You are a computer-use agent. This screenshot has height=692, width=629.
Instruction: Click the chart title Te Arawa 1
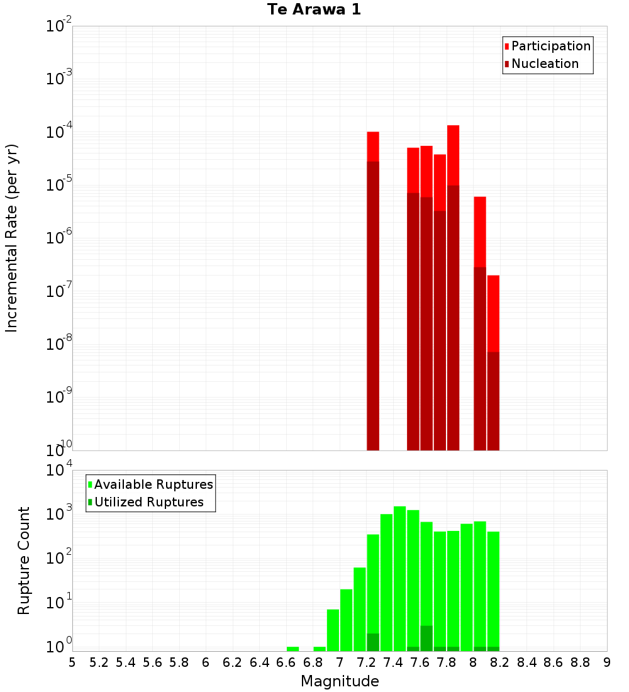pos(314,10)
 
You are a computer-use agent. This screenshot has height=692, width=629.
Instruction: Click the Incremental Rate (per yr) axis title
pos(12,238)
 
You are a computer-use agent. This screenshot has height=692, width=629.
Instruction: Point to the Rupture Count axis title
pos(24,561)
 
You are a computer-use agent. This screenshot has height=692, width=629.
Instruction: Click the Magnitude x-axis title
pos(340,681)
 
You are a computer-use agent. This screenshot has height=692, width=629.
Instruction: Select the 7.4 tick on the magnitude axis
pos(393,662)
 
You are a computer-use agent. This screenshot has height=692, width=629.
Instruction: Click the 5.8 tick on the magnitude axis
pos(179,662)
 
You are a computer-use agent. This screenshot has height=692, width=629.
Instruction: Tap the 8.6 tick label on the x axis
pos(554,662)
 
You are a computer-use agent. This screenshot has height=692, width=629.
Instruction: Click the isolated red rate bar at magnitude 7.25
pos(373,289)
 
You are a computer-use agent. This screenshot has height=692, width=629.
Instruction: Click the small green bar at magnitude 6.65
pos(292,649)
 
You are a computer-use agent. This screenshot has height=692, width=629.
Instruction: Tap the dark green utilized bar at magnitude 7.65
pos(426,638)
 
